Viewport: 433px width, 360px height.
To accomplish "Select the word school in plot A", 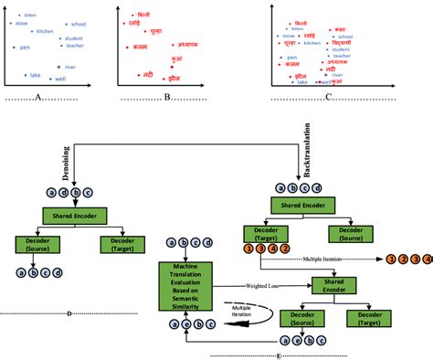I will (x=79, y=23).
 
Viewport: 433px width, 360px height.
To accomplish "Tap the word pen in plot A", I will (x=25, y=47).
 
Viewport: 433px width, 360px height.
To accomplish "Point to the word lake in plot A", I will (x=35, y=75).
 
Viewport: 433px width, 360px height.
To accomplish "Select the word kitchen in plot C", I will (x=312, y=43).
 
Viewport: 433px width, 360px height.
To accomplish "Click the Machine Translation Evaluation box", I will (x=186, y=282).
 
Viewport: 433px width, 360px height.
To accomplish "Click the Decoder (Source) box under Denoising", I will (x=36, y=244).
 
